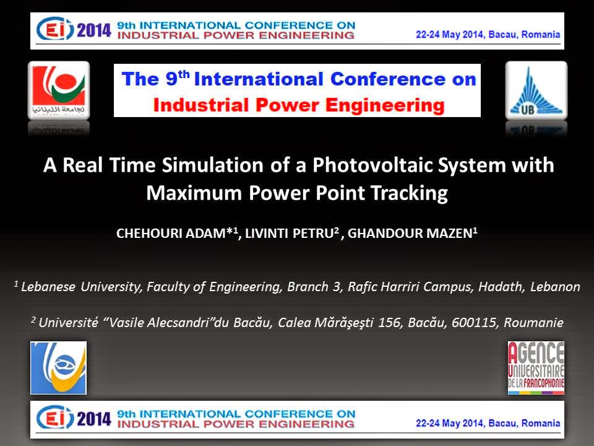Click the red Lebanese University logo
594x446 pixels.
[x=59, y=90]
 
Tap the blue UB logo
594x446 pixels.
[x=536, y=90]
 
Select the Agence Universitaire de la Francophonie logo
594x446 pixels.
[x=536, y=368]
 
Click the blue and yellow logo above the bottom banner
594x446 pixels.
[x=58, y=368]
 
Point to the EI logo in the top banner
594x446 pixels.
[x=55, y=29]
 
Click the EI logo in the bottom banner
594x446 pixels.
[x=55, y=418]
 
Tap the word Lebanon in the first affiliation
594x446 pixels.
[x=555, y=286]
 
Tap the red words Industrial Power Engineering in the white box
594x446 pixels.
[x=299, y=105]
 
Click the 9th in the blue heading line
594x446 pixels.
[x=178, y=78]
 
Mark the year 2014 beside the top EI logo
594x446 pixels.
[x=94, y=30]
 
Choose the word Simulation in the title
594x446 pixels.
[x=212, y=165]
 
